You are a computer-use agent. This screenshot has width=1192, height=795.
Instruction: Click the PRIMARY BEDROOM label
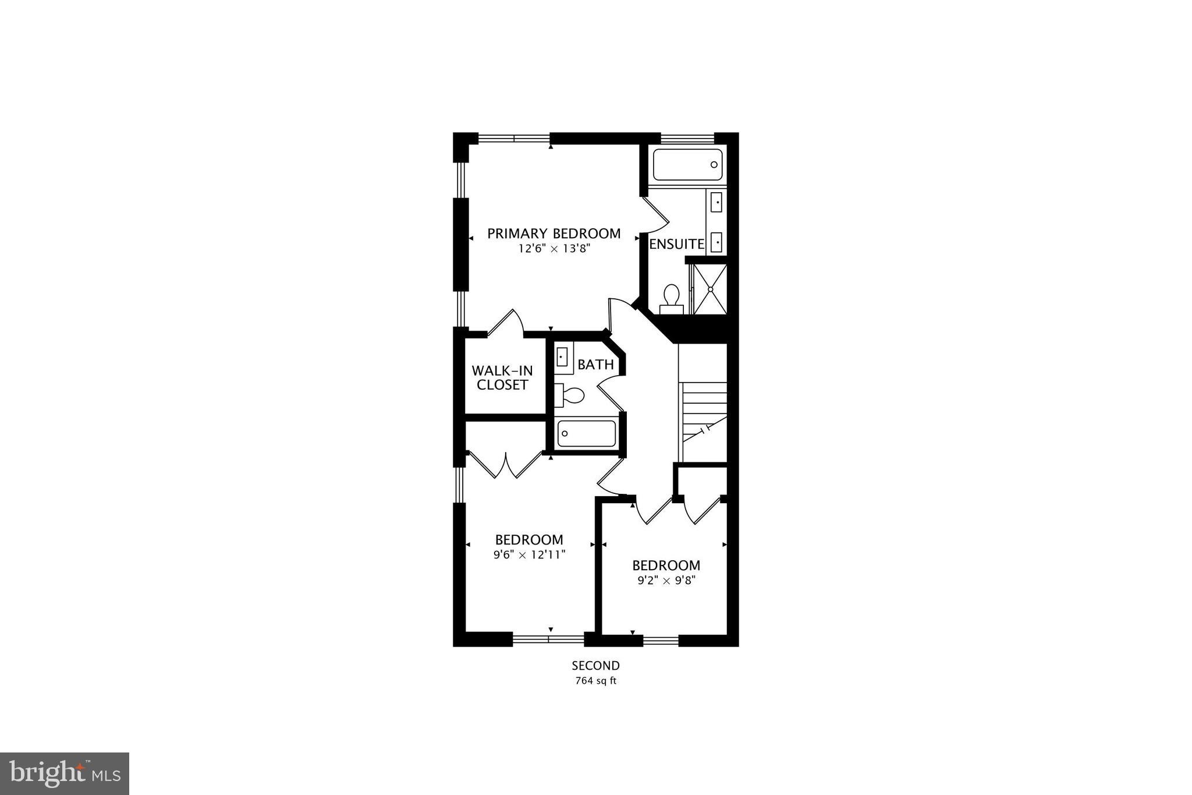[x=554, y=234]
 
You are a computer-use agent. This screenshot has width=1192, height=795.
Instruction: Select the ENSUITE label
[x=677, y=244]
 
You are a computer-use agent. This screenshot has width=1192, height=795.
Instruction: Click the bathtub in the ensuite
[x=687, y=165]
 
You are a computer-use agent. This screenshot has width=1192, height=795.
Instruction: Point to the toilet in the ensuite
[x=672, y=299]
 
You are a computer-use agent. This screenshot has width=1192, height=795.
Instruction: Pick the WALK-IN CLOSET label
[x=502, y=377]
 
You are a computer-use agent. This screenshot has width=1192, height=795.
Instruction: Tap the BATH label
[x=595, y=365]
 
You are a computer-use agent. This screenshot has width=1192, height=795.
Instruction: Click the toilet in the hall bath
[x=569, y=395]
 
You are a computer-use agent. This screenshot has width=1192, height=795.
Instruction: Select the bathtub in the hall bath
[x=586, y=433]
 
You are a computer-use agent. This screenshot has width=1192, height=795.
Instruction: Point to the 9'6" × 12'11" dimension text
[x=530, y=555]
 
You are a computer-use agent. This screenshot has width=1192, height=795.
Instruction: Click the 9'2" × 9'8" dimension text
[x=666, y=580]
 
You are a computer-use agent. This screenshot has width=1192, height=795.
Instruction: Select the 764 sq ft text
[x=595, y=681]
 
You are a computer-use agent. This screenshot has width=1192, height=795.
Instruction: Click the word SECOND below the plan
[x=595, y=666]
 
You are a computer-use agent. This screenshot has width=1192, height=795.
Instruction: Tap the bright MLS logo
[x=65, y=773]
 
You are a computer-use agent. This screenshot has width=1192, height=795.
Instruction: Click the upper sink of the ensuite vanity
[x=717, y=203]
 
